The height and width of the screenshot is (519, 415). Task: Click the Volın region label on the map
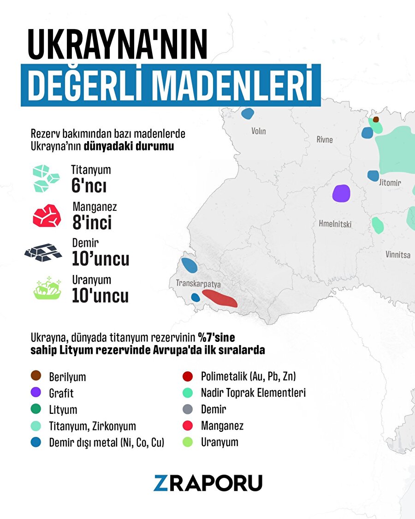258,131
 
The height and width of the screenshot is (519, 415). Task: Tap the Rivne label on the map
324,139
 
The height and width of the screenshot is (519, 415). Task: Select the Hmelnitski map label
335,224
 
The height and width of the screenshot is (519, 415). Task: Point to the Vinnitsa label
397,254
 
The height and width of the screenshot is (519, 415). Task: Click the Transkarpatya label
198,283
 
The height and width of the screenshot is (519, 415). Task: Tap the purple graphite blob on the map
341,193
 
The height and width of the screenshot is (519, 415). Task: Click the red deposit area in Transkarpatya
220,298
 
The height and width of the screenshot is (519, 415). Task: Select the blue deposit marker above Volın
248,113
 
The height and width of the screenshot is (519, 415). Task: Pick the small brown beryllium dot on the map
376,119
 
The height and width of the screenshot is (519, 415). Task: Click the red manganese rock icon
47,215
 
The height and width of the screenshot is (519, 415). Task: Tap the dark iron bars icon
43,252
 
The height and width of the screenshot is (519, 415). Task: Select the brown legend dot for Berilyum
36,376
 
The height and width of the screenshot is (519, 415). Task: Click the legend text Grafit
61,394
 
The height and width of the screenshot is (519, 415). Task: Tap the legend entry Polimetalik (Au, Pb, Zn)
248,376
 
